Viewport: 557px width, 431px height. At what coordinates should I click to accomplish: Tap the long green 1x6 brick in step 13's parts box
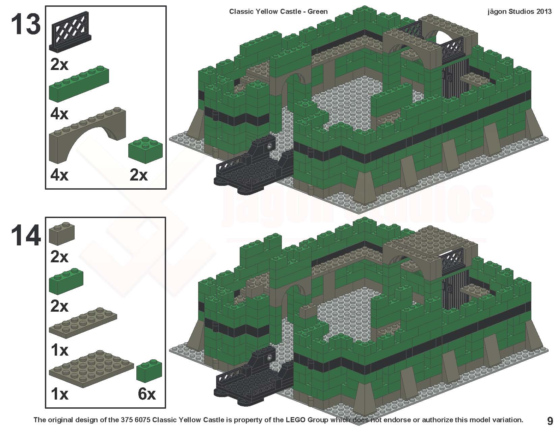(x=79, y=85)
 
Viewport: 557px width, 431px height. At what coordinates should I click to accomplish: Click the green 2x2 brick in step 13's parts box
(x=145, y=149)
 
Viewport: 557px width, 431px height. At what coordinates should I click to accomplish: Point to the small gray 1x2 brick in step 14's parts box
(x=61, y=234)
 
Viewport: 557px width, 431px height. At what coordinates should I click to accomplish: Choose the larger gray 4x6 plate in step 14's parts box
(x=91, y=368)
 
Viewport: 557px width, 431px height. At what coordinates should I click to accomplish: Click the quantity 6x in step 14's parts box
(x=147, y=394)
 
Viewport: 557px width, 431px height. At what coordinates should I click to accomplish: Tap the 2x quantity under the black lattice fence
(x=59, y=64)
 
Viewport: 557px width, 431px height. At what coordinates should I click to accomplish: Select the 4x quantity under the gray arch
(x=59, y=175)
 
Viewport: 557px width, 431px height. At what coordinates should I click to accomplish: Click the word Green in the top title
(x=317, y=11)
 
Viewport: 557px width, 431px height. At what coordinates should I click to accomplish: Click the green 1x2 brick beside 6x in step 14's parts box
(x=149, y=372)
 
